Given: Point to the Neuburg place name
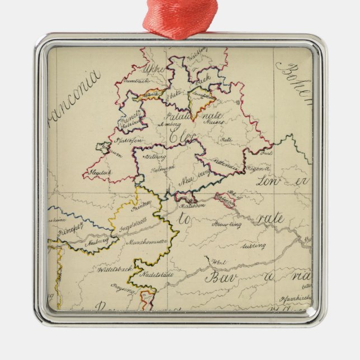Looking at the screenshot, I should click(97, 244).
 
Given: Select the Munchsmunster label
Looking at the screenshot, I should click(146, 243).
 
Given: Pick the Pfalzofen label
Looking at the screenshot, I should click(130, 140).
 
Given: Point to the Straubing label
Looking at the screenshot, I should click(226, 225).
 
